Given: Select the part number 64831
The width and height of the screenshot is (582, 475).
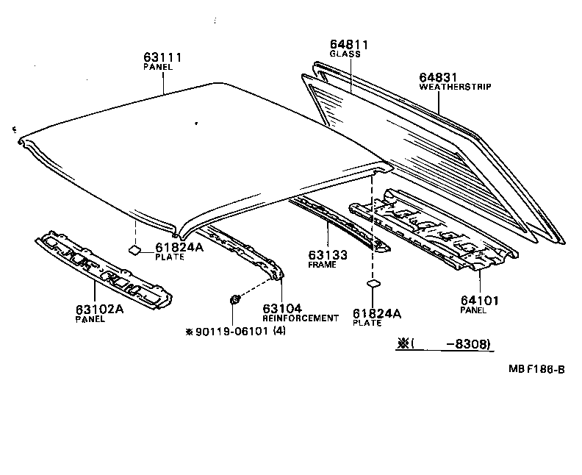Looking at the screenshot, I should (x=440, y=77).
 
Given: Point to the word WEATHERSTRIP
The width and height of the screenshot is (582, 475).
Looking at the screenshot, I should (x=455, y=87).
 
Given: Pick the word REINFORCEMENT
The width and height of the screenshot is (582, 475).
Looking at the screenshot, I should (x=301, y=318).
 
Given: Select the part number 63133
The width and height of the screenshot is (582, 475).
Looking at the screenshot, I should (x=327, y=254).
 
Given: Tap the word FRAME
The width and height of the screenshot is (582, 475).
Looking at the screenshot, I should (x=322, y=265).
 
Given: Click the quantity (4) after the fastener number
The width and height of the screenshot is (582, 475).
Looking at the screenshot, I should (x=280, y=332).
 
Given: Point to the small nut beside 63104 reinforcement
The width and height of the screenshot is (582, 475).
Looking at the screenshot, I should (x=234, y=299).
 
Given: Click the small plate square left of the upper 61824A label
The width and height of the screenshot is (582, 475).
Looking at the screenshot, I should (x=136, y=249).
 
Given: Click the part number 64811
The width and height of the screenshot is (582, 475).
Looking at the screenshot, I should (x=349, y=45).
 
